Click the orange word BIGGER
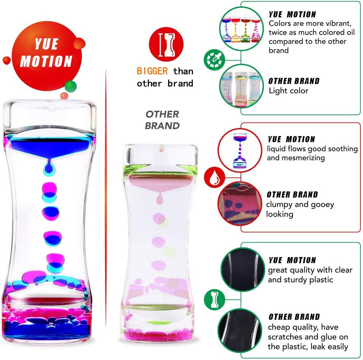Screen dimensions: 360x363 click(x=152, y=71)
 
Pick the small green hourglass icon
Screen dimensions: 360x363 click(x=214, y=300)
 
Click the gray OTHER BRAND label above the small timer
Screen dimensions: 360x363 click(x=162, y=120)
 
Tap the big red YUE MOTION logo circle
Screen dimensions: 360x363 click(x=47, y=53)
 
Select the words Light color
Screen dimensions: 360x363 click(x=288, y=91)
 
